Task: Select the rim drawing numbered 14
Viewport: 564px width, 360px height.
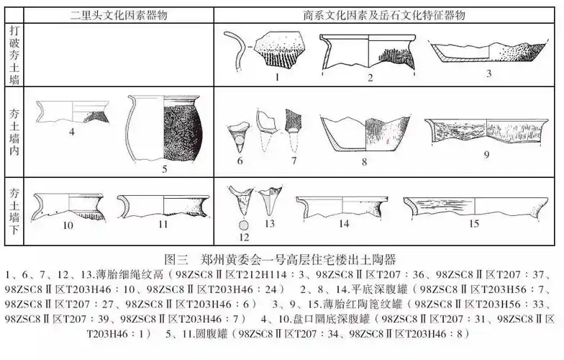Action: point(344,205)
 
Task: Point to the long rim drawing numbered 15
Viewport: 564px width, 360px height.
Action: point(473,204)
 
